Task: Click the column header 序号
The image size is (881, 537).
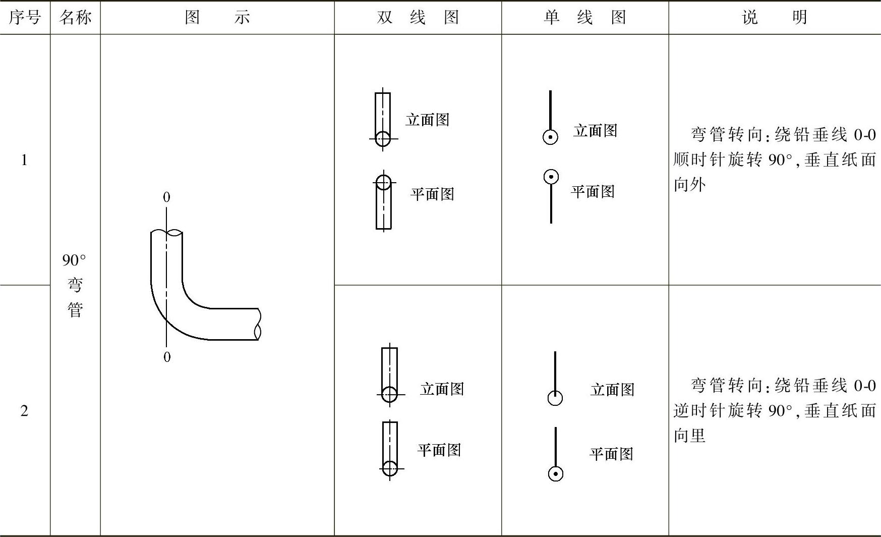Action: (25, 18)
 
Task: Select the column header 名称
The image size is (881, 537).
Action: (75, 18)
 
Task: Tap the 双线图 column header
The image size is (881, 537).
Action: (418, 18)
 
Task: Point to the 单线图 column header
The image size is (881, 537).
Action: (585, 18)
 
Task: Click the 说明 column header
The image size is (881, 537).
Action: (774, 18)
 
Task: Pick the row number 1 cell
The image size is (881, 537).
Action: (24, 160)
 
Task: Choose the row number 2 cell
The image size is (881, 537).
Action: (24, 411)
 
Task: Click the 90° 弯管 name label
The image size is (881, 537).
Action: (75, 285)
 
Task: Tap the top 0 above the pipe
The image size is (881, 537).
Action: (166, 197)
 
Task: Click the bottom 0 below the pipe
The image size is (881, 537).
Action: (167, 357)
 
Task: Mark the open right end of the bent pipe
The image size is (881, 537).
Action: (258, 324)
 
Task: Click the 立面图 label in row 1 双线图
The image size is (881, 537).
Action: (427, 120)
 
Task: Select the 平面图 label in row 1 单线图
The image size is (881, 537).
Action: (593, 192)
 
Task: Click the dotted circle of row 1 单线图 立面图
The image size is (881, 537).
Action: (550, 137)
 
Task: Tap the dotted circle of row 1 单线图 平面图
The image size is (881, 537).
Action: (551, 177)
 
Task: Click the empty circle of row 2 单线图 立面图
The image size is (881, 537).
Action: (555, 398)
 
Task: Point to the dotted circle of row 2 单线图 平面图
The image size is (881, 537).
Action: (556, 474)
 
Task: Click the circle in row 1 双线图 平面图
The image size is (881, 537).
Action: (383, 182)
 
